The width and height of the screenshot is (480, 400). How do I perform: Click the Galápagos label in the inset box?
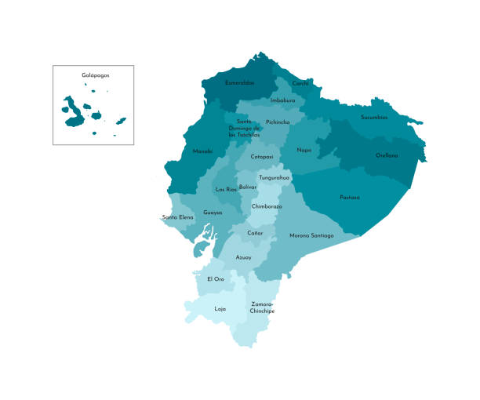[x=93, y=75]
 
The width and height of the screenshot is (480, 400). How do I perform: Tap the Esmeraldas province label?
[x=239, y=82]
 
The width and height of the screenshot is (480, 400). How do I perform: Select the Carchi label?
[x=300, y=82]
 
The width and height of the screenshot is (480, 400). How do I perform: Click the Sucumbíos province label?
[x=374, y=118]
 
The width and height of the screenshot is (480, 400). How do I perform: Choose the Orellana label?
[x=387, y=155]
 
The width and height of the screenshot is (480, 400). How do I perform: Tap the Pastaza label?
[x=350, y=197]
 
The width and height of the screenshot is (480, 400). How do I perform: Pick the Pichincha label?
[x=278, y=122]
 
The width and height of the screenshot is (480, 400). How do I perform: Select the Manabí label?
[x=202, y=151]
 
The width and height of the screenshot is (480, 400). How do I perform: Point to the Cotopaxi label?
[x=262, y=156]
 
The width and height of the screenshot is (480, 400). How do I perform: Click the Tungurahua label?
[x=274, y=177]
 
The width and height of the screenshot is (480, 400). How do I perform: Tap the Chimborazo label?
[x=267, y=205]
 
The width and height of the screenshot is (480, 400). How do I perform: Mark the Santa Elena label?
[x=178, y=216]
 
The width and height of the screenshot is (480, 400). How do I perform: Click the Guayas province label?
[x=213, y=212]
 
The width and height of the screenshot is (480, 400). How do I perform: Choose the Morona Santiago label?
[x=311, y=235]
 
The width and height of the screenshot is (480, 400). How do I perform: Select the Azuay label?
[x=243, y=256]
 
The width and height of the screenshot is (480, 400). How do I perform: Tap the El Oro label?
[x=216, y=279]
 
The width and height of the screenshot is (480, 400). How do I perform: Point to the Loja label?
[x=220, y=308]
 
